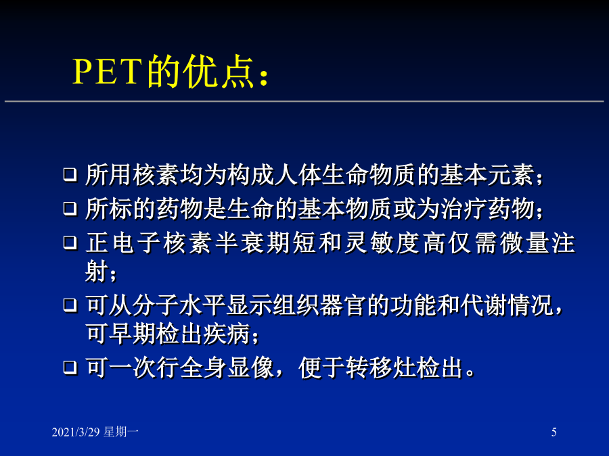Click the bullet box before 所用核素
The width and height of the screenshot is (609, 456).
(70, 174)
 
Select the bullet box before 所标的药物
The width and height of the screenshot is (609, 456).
(70, 209)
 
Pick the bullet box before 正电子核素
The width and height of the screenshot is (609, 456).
(70, 243)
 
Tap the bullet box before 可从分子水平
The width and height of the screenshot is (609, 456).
(70, 305)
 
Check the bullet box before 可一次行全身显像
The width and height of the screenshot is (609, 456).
(70, 367)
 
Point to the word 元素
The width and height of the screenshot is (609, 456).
(511, 174)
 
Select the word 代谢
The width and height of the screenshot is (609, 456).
(484, 305)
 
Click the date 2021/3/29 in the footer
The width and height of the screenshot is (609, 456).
(76, 432)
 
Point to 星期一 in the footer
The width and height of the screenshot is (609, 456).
(121, 432)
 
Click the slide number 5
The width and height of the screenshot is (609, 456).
(554, 432)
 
